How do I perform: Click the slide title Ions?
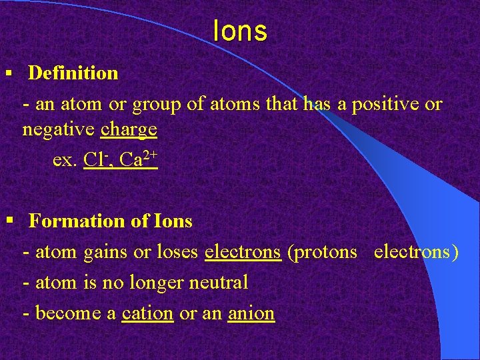tap(240, 31)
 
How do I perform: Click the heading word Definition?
tap(73, 73)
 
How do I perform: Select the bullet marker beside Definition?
tap(9, 72)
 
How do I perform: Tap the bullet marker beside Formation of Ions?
tap(9, 221)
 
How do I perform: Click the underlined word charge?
tap(129, 129)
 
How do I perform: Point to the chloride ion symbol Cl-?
tap(95, 160)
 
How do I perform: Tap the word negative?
tap(59, 129)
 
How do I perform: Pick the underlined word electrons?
tap(243, 252)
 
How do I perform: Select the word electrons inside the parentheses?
tap(416, 252)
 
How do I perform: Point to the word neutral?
tap(219, 283)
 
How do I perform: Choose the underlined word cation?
tap(147, 313)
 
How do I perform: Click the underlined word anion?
tap(251, 313)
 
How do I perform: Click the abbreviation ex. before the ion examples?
tap(64, 161)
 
